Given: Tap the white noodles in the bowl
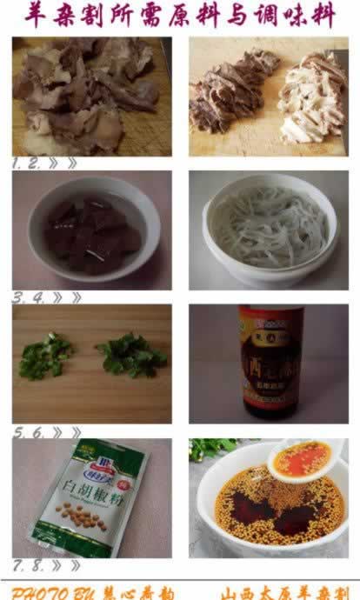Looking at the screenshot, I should click(x=269, y=228).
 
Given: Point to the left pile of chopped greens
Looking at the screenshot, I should click(x=45, y=357).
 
